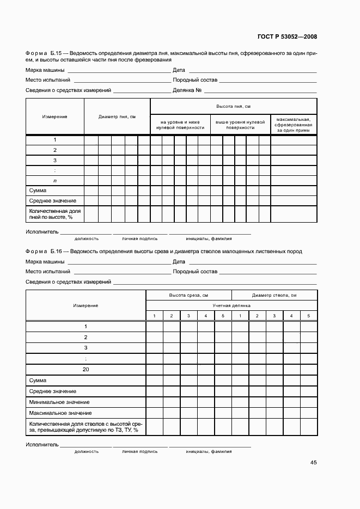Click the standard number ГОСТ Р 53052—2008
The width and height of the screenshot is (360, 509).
(286, 37)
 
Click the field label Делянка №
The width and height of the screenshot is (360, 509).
(188, 90)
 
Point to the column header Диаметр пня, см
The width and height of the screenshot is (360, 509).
(117, 117)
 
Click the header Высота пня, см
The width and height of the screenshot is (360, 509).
(233, 106)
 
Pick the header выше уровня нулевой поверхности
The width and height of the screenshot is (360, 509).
(240, 125)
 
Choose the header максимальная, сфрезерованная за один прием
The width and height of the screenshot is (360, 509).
(294, 125)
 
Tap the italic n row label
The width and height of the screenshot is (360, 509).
(55, 180)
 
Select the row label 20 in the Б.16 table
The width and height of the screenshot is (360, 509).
(86, 369)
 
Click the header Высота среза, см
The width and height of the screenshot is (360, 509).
(188, 295)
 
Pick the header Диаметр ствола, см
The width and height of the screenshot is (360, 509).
(274, 295)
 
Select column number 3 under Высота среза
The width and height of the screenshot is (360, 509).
(188, 316)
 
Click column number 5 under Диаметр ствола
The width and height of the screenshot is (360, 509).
(308, 316)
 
